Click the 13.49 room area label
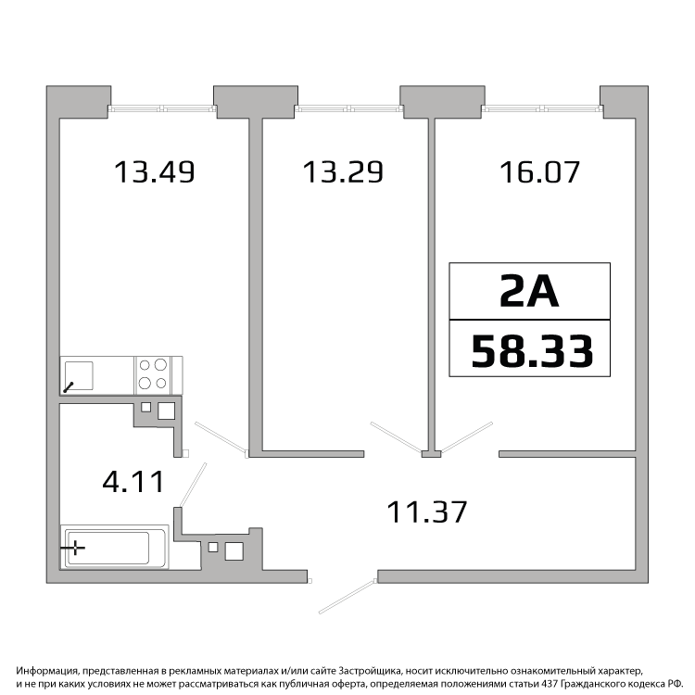click(154, 172)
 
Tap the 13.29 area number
click(343, 172)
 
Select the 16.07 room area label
click(539, 172)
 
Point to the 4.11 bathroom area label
click(133, 481)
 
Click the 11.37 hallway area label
click(427, 512)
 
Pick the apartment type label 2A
click(529, 291)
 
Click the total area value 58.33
click(532, 350)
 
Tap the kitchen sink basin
click(79, 376)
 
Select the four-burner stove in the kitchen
click(153, 375)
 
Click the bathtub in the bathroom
click(114, 547)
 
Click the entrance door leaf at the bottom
click(347, 597)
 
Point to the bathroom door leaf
click(193, 485)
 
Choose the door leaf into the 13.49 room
click(221, 438)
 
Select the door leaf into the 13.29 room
click(397, 437)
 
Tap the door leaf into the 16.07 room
click(467, 437)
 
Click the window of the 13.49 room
click(162, 107)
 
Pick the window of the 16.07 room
click(542, 107)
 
